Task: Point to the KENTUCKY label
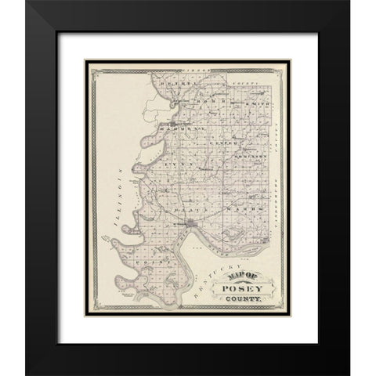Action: point(204,283)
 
